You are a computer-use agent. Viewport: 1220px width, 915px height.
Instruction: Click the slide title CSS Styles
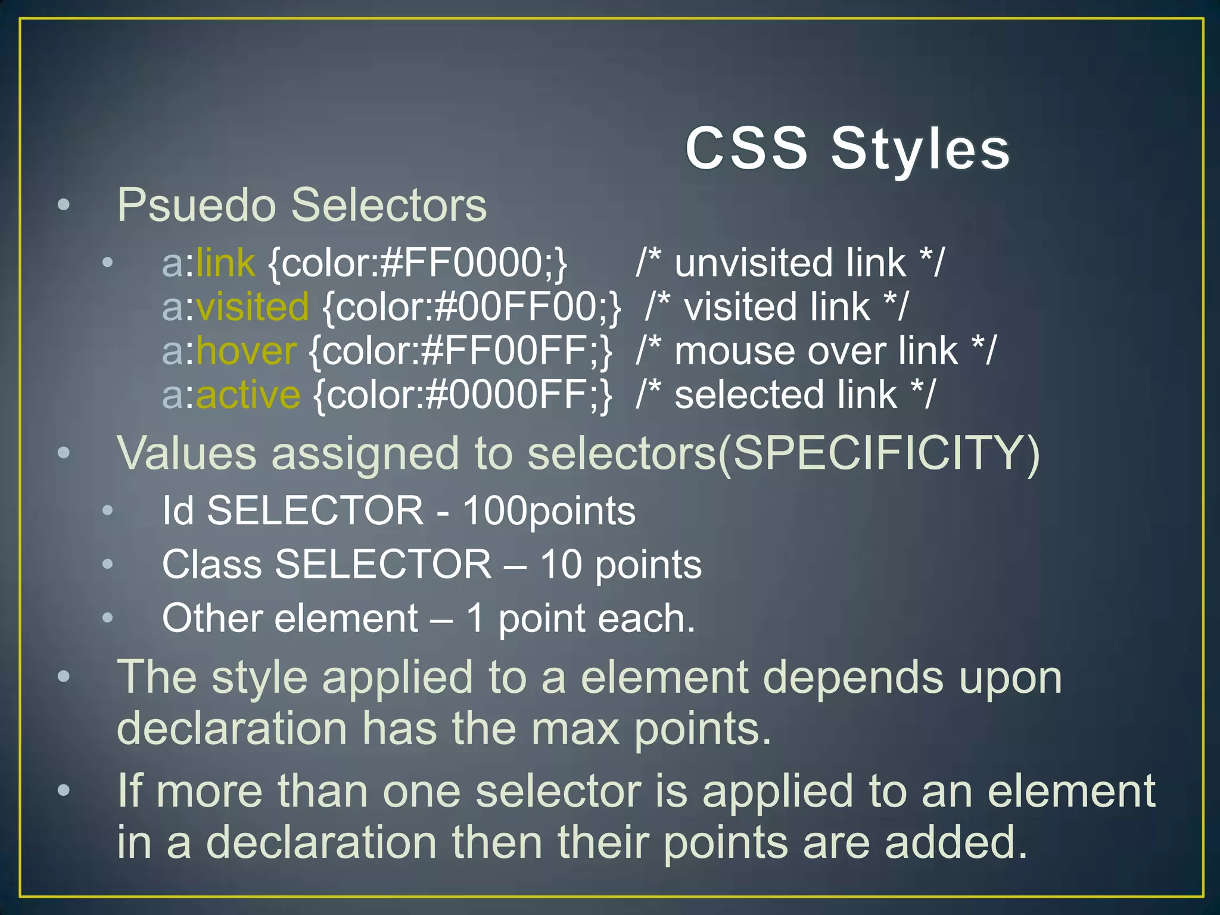[846, 148]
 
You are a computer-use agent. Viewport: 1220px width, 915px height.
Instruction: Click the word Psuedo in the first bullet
[196, 206]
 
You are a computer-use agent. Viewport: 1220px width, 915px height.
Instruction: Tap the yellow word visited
[253, 307]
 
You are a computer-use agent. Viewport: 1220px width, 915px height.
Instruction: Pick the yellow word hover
[246, 351]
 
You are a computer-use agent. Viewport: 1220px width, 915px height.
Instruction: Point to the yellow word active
[248, 395]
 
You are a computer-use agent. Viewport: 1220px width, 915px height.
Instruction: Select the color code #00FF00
[516, 307]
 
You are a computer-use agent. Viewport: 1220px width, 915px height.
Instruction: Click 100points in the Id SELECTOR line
[549, 511]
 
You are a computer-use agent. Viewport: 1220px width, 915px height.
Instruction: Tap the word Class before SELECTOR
[211, 565]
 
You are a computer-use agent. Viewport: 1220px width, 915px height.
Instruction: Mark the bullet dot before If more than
[64, 790]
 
